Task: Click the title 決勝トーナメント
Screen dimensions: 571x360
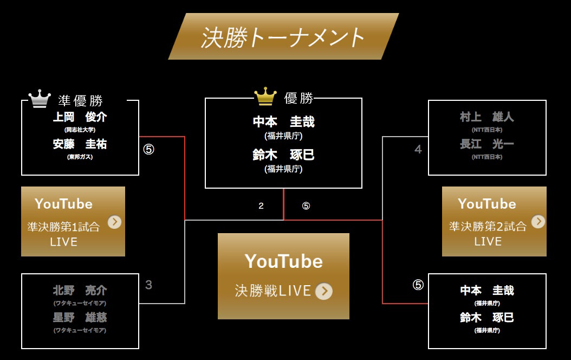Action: pyautogui.click(x=283, y=37)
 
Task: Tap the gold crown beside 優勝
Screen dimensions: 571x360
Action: pyautogui.click(x=265, y=97)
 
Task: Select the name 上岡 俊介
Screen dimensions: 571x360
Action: pyautogui.click(x=80, y=117)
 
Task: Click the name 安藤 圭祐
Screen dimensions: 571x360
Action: pyautogui.click(x=80, y=144)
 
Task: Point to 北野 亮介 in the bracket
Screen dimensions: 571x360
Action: pyautogui.click(x=80, y=290)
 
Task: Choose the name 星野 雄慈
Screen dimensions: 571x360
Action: pyautogui.click(x=80, y=318)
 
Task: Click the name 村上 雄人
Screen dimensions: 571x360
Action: pyautogui.click(x=486, y=117)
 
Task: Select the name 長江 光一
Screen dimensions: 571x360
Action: pyautogui.click(x=486, y=144)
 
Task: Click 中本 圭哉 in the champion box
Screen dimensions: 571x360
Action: pyautogui.click(x=283, y=122)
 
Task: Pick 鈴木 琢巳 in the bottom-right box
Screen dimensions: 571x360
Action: pyautogui.click(x=486, y=318)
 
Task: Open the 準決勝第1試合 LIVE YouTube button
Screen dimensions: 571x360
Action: pyautogui.click(x=73, y=221)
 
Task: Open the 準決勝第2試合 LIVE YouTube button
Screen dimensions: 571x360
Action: pyautogui.click(x=494, y=221)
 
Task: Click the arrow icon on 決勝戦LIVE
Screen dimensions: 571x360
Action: pyautogui.click(x=323, y=291)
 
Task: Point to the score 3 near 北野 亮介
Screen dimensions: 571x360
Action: pyautogui.click(x=148, y=285)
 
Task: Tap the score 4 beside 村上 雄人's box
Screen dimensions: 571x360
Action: pyautogui.click(x=418, y=149)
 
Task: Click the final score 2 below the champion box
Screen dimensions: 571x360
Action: pyautogui.click(x=261, y=206)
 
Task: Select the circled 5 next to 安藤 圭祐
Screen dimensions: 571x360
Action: pyautogui.click(x=148, y=149)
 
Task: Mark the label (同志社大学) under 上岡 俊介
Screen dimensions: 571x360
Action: pyautogui.click(x=80, y=130)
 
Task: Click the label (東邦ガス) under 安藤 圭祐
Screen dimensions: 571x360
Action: pyautogui.click(x=80, y=157)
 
